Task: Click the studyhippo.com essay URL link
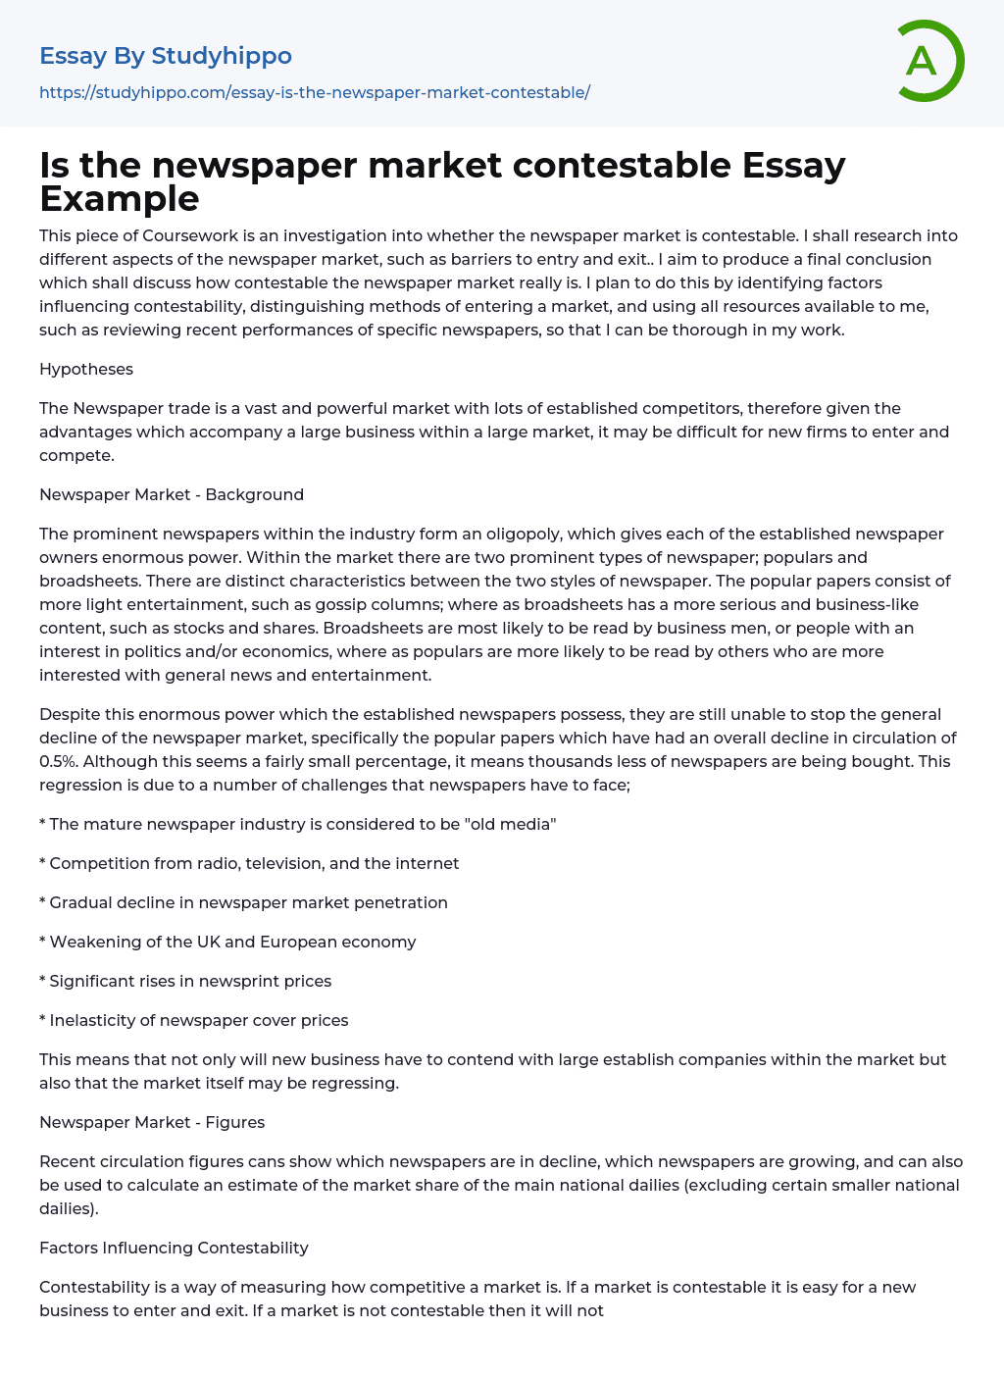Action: [314, 92]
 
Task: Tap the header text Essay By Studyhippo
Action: [165, 56]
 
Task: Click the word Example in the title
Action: [120, 198]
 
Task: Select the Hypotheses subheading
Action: [86, 369]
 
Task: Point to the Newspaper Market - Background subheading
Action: [172, 494]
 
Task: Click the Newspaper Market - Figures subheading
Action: [152, 1122]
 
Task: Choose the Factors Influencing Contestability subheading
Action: [174, 1248]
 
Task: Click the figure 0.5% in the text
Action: [58, 761]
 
